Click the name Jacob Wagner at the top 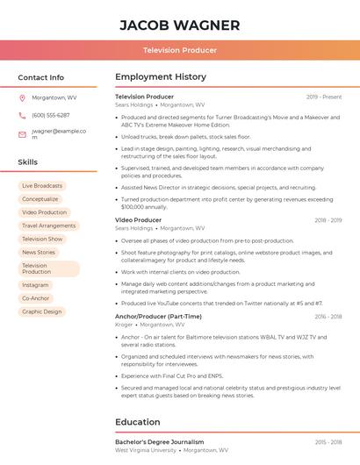(x=179, y=24)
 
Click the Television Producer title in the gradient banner (x=179, y=50)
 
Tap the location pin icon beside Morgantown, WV (x=22, y=97)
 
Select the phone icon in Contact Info (x=22, y=115)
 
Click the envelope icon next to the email (x=22, y=134)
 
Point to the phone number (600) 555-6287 (x=50, y=115)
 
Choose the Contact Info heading (x=40, y=77)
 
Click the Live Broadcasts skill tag (x=42, y=186)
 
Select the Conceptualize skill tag (x=40, y=199)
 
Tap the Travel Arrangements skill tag (x=48, y=225)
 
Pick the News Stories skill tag (x=39, y=252)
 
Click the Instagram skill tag (x=35, y=285)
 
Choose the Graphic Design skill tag (x=42, y=311)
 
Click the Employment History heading (x=161, y=77)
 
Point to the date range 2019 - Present (x=324, y=97)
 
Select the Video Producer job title (x=138, y=220)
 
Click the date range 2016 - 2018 (x=328, y=317)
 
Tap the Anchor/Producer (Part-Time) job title (x=158, y=317)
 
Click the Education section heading (x=138, y=422)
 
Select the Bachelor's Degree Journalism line (x=159, y=442)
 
